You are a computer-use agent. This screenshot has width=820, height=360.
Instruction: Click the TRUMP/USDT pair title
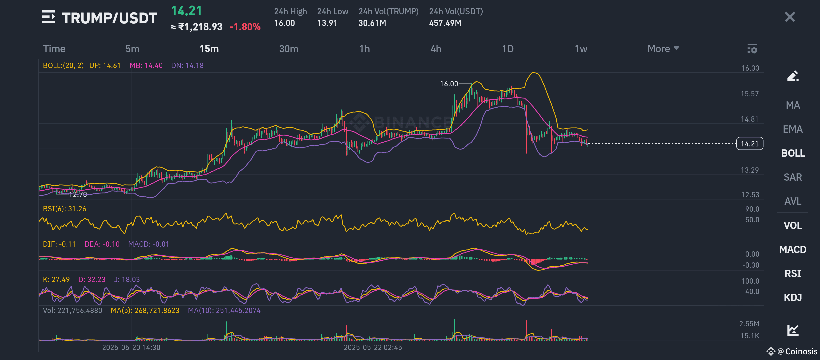[x=109, y=18]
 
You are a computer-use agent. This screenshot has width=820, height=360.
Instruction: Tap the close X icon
[x=790, y=17]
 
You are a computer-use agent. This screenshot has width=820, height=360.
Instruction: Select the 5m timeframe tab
[x=132, y=49]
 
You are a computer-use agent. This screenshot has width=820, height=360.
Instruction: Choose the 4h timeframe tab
[x=436, y=49]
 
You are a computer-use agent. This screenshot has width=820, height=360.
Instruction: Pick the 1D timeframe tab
[x=508, y=49]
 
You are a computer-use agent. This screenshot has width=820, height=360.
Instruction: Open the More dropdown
[x=663, y=49]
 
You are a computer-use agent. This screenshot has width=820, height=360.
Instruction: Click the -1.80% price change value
[x=245, y=27]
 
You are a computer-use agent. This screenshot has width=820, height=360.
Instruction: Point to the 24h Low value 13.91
[x=327, y=23]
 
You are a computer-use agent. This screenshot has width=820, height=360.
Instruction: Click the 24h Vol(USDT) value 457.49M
[x=445, y=23]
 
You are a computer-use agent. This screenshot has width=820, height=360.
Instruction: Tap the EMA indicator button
[x=793, y=129]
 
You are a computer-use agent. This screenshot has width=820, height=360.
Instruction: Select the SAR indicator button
[x=793, y=177]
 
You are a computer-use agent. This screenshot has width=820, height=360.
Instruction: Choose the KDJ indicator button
[x=793, y=297]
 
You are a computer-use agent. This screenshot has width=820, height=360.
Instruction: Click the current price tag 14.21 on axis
[x=749, y=144]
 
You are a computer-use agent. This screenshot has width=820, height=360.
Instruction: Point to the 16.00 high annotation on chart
[x=449, y=84]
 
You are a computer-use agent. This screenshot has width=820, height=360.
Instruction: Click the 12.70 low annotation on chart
[x=78, y=195]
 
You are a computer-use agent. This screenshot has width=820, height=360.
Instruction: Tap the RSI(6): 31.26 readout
[x=65, y=209]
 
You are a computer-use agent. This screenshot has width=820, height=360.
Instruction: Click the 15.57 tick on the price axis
[x=750, y=94]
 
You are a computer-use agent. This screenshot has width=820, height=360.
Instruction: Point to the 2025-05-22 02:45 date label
[x=373, y=348]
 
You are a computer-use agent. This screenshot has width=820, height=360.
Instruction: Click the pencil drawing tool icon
[x=793, y=76]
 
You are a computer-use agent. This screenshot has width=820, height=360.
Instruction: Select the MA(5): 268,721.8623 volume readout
[x=145, y=311]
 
